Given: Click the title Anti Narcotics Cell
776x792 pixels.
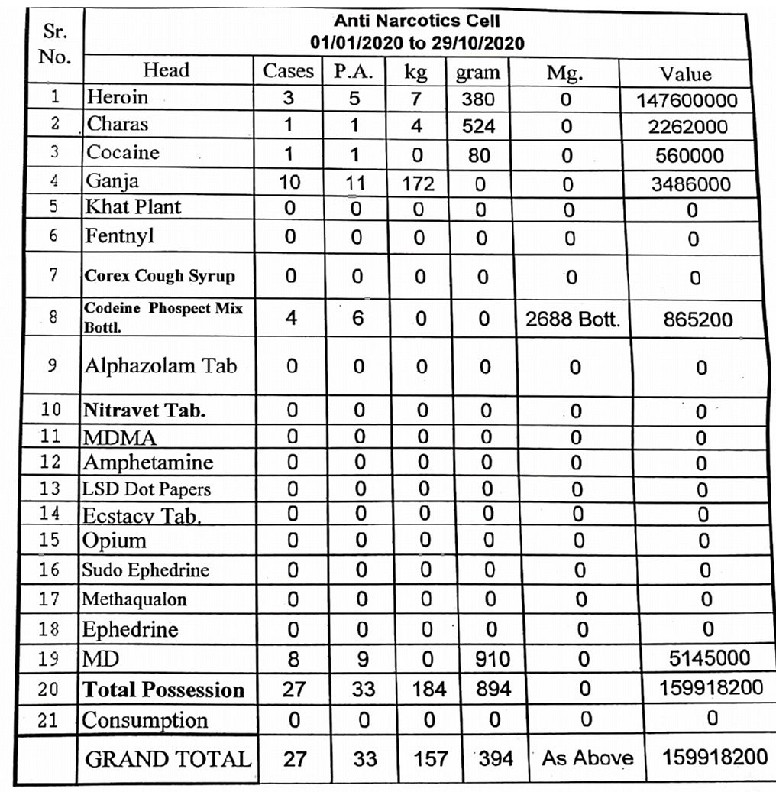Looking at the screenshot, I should tap(417, 22).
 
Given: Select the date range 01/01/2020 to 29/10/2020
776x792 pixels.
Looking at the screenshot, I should tap(417, 43).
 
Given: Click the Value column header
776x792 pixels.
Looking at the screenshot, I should tap(685, 73).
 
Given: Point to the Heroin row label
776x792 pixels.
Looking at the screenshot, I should tap(118, 98).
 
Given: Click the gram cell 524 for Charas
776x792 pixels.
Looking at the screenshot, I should tap(478, 125).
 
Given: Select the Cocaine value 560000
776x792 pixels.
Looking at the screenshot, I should tap(690, 155).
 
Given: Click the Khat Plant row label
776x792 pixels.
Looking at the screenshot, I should tap(134, 207).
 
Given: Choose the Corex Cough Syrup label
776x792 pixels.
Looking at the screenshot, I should tap(160, 276).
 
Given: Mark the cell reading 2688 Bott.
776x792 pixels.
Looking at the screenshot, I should tap(572, 319).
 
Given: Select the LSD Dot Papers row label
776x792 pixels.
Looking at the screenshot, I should tap(147, 489).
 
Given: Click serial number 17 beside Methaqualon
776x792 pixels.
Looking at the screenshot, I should tap(49, 598).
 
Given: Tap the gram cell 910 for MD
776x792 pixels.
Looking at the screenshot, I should tap(490, 659).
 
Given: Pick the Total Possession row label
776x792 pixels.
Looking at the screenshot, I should tap(163, 690).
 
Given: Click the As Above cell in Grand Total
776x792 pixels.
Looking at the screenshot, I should tap(587, 758).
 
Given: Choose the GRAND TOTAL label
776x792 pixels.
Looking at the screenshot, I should tap(167, 759).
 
